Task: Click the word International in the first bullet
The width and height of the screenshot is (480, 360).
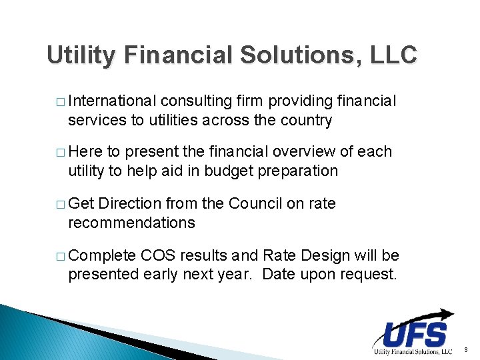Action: coord(112,101)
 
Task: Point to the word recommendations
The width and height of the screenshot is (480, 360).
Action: coord(131,222)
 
